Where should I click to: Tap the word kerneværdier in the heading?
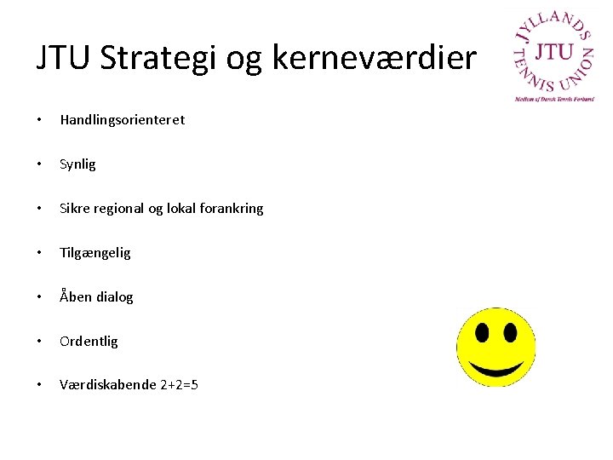375,57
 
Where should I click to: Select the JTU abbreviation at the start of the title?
64,57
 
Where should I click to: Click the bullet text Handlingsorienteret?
122,120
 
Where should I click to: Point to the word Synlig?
77,164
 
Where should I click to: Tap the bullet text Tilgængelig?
95,253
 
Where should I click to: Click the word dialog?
114,297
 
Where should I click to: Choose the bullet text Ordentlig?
89,342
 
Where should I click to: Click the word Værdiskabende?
107,385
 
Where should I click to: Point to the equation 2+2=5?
179,385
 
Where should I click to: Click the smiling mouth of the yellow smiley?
496,367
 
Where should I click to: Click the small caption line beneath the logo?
554,99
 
